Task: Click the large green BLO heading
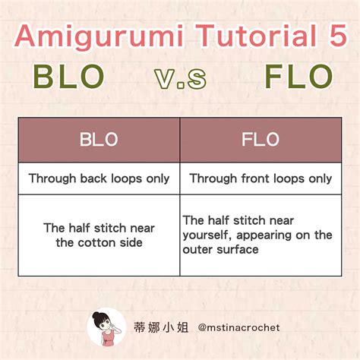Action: [x=68, y=78]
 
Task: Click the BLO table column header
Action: [x=99, y=140]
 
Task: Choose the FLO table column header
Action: [x=260, y=140]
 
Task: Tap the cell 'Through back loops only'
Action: [x=99, y=178]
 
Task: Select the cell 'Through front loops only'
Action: [x=260, y=178]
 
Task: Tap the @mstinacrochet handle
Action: [x=238, y=327]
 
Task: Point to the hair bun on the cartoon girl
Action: [x=96, y=315]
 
